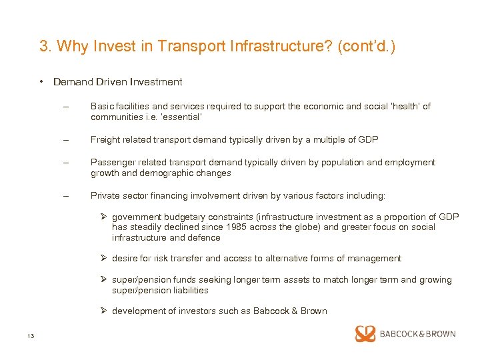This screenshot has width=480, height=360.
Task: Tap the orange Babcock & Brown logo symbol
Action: (x=365, y=333)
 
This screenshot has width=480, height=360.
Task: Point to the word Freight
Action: (x=105, y=139)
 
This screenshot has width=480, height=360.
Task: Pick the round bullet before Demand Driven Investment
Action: (x=41, y=82)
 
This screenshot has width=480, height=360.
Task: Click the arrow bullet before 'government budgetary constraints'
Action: (x=103, y=217)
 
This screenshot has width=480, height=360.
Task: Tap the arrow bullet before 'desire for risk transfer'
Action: (x=103, y=259)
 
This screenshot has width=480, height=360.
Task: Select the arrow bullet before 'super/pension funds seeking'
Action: (x=103, y=280)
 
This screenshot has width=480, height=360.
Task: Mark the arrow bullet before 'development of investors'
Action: (x=103, y=311)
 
